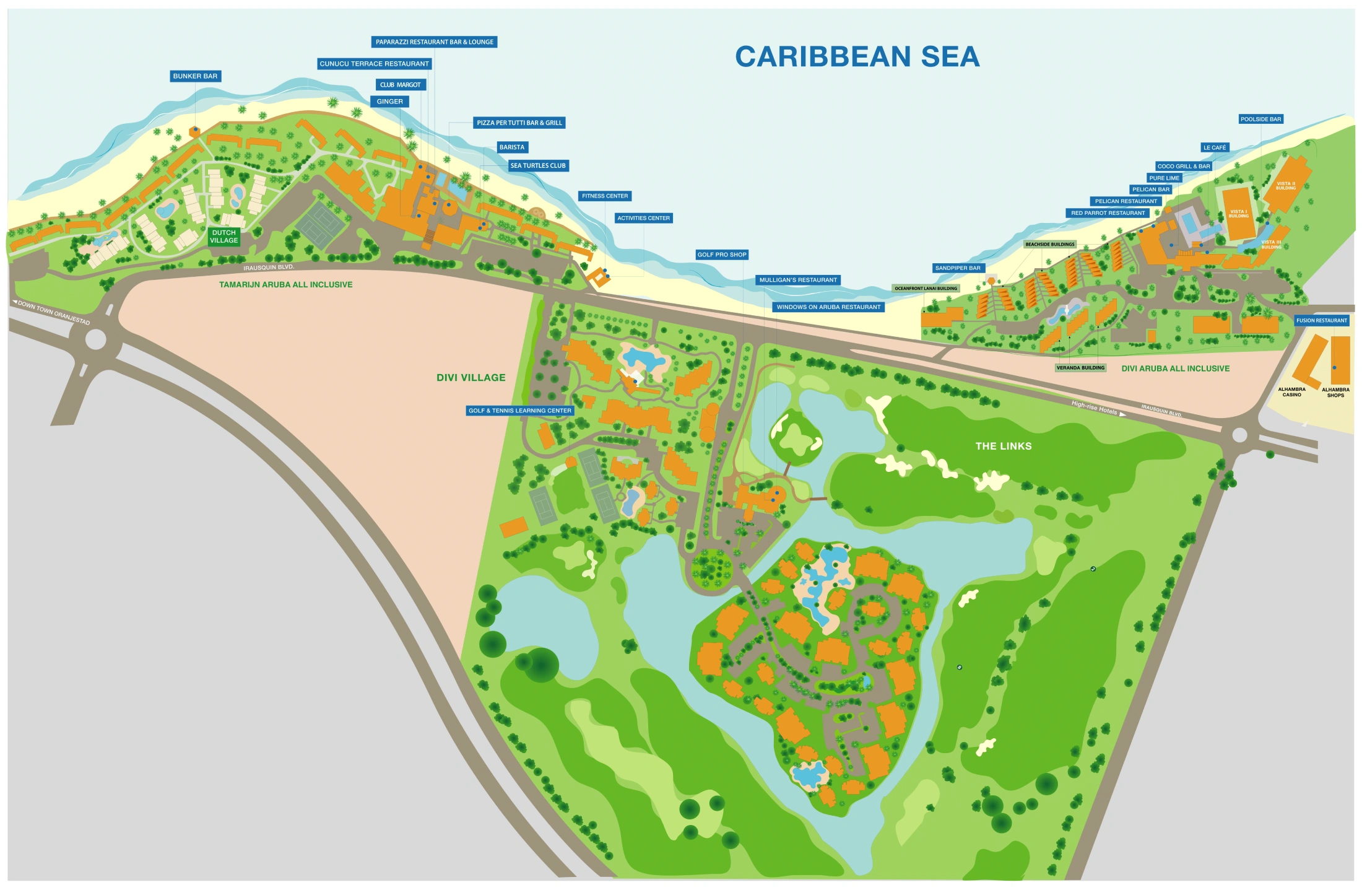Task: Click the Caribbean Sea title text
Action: coord(857,56)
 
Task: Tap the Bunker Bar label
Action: coord(195,76)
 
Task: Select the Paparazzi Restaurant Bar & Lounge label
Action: coord(435,42)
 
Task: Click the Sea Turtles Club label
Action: coord(538,166)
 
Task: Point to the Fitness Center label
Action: coord(605,196)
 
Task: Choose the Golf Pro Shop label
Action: coord(722,255)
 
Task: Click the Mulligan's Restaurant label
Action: coord(798,280)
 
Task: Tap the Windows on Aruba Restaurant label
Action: coord(828,307)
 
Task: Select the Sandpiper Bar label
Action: coord(958,268)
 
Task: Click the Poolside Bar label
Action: coord(1260,119)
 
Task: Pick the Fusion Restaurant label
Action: coord(1322,321)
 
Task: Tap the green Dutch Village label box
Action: coord(223,237)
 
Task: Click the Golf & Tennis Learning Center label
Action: coord(520,411)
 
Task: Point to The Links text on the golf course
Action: coord(1003,446)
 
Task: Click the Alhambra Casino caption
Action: coord(1291,392)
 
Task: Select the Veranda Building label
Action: coord(1080,368)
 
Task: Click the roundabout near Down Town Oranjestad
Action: coord(95,339)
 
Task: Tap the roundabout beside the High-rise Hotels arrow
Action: coord(1239,435)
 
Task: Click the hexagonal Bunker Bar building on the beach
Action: coord(194,131)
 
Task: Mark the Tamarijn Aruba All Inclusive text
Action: coord(285,285)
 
